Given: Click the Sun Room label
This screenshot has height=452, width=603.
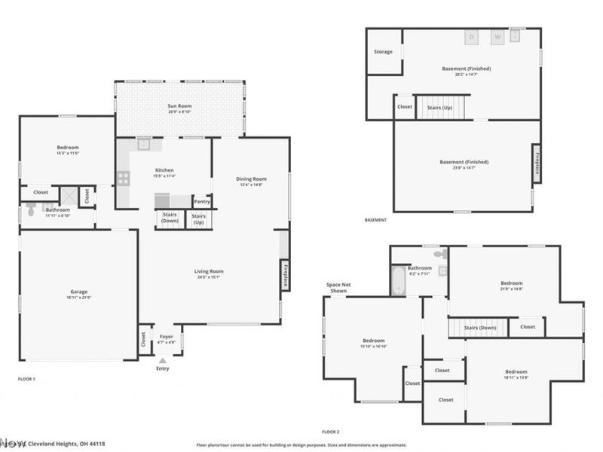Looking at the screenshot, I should tap(179, 106).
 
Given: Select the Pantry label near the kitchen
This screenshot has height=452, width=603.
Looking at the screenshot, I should tap(202, 201).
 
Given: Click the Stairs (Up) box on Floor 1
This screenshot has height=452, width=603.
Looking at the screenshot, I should tap(199, 219).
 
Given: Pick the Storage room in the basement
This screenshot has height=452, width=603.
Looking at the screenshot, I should tap(384, 52).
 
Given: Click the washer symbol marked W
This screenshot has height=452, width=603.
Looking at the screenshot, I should tap(497, 36).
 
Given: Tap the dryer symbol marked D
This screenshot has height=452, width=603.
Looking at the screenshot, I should tap(473, 36).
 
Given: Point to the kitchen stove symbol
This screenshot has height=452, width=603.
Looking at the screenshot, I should tap(123, 179).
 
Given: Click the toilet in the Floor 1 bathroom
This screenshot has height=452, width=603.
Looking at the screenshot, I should tap(29, 212).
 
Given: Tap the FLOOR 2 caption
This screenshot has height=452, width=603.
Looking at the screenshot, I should tap(331, 432).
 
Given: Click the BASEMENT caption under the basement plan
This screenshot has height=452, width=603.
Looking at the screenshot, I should tap(375, 220).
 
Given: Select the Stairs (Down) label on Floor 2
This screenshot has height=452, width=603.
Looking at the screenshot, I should tap(479, 328).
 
